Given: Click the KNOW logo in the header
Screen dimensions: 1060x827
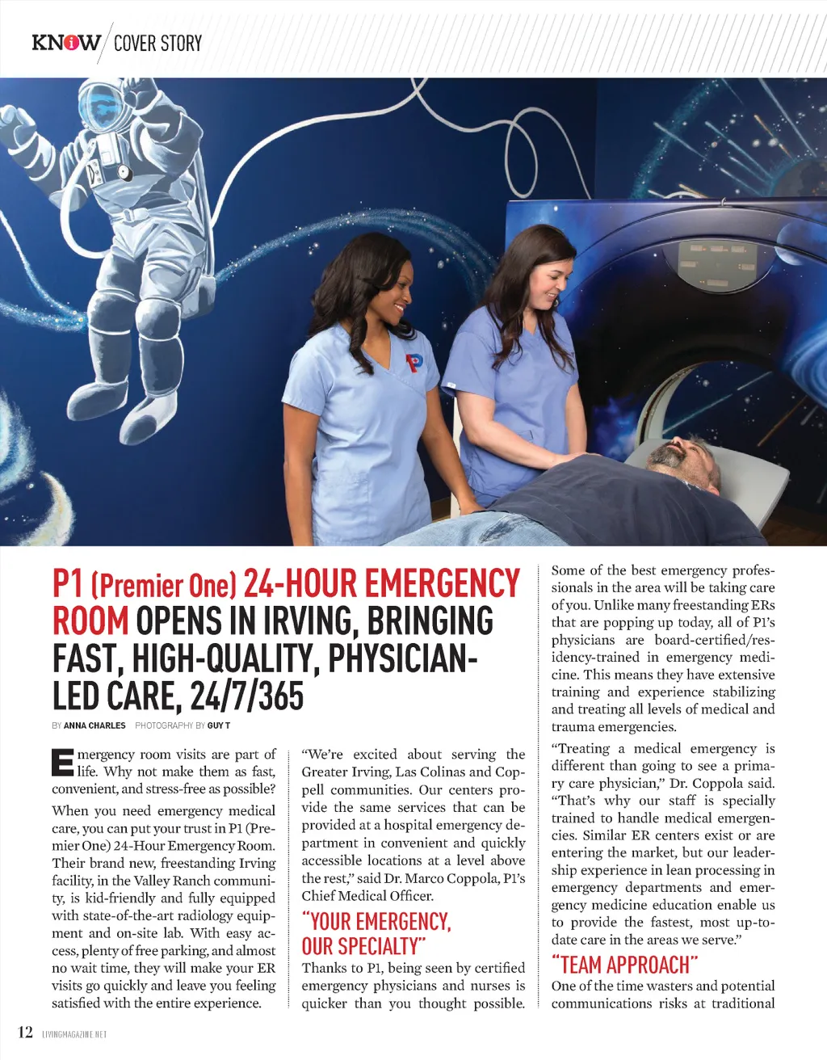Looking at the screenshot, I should click(66, 42).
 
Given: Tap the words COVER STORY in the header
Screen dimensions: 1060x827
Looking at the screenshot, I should click(157, 43).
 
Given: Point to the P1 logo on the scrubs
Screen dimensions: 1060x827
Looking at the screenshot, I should click(414, 364).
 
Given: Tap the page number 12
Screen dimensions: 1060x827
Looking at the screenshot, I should click(25, 1032).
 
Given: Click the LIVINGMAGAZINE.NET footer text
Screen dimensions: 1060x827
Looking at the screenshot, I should click(74, 1034).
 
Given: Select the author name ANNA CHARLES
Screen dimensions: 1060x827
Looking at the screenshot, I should click(94, 726).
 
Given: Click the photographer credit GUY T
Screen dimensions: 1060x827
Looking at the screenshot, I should click(219, 726).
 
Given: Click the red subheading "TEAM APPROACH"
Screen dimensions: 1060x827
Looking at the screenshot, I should click(624, 965).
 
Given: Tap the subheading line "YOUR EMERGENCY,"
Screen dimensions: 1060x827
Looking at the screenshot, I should click(376, 922).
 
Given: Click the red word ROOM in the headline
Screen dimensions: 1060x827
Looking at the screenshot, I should click(90, 621).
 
